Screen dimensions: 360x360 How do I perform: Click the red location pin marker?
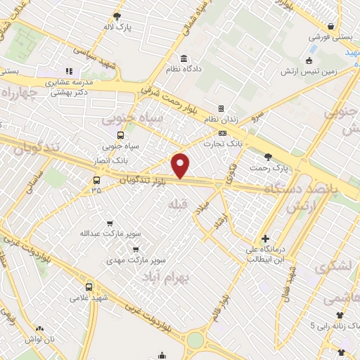coord(181,165)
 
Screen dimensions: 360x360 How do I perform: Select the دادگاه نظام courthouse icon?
coord(184,58)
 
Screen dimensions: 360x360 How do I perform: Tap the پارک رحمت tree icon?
coord(267,156)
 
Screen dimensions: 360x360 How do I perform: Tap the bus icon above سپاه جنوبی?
coord(120,135)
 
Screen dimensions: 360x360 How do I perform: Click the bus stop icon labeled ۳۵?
coord(96,179)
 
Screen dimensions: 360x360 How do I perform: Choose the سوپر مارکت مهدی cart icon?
coord(136,247)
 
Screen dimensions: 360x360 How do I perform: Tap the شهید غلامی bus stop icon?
coord(89,286)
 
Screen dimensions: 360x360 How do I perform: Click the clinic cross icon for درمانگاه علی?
coord(265,238)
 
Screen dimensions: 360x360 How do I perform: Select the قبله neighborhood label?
coord(176,204)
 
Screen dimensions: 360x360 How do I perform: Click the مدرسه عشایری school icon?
coord(69,71)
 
